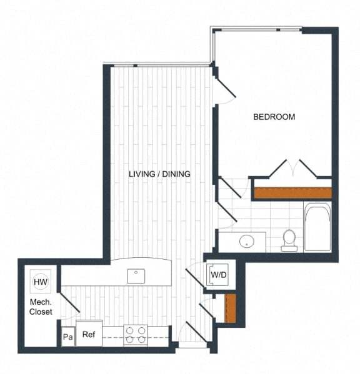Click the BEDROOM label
point(274,117)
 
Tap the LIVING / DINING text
point(159,174)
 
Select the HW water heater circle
point(41,282)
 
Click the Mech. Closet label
point(41,307)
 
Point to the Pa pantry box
point(67,337)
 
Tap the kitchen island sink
point(136,275)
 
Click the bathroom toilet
point(289,240)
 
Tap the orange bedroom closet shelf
point(292,193)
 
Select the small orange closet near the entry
point(229,308)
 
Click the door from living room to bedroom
point(224,88)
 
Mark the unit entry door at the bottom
point(196,334)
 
